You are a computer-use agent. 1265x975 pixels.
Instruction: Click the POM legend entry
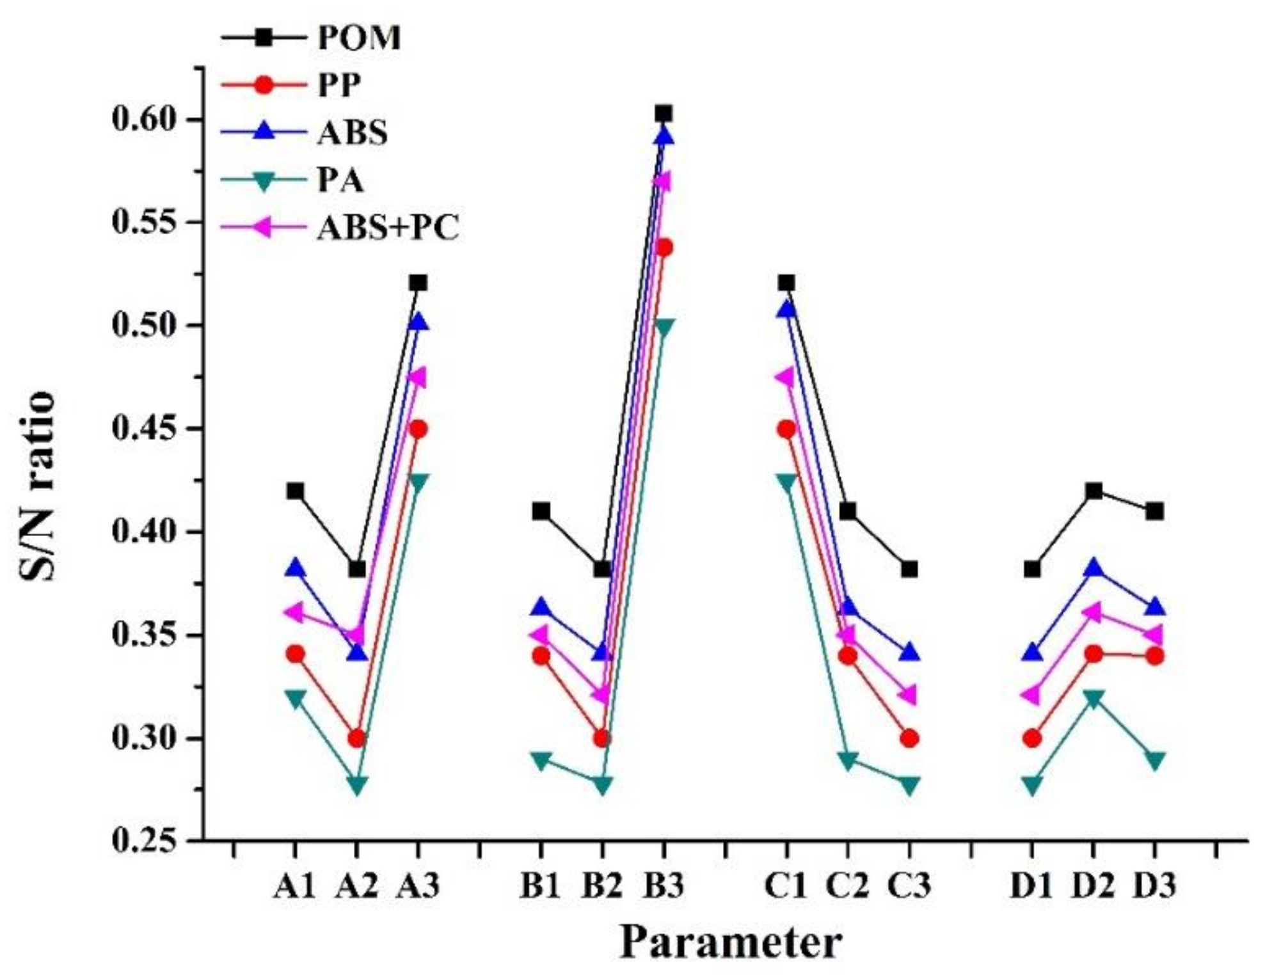tap(358, 38)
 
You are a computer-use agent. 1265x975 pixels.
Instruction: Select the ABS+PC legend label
tap(388, 227)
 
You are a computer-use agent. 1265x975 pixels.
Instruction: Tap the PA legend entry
tap(340, 180)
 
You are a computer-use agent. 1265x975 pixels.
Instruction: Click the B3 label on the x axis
tap(664, 886)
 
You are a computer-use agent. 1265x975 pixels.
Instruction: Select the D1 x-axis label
tap(1031, 886)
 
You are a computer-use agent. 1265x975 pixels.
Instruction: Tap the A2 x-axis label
tap(356, 886)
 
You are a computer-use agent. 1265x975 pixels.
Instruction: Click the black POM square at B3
tap(664, 114)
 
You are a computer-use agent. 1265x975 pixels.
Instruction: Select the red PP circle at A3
tap(418, 429)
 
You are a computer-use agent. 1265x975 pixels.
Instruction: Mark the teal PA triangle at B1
tap(541, 761)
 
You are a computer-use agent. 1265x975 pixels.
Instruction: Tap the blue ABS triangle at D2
tap(1094, 567)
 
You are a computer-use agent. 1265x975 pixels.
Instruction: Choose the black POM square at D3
tap(1154, 512)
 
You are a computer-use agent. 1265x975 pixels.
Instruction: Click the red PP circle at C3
tap(909, 738)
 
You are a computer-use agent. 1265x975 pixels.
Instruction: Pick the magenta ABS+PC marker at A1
tap(294, 612)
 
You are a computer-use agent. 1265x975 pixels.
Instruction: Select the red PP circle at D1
tap(1031, 738)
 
